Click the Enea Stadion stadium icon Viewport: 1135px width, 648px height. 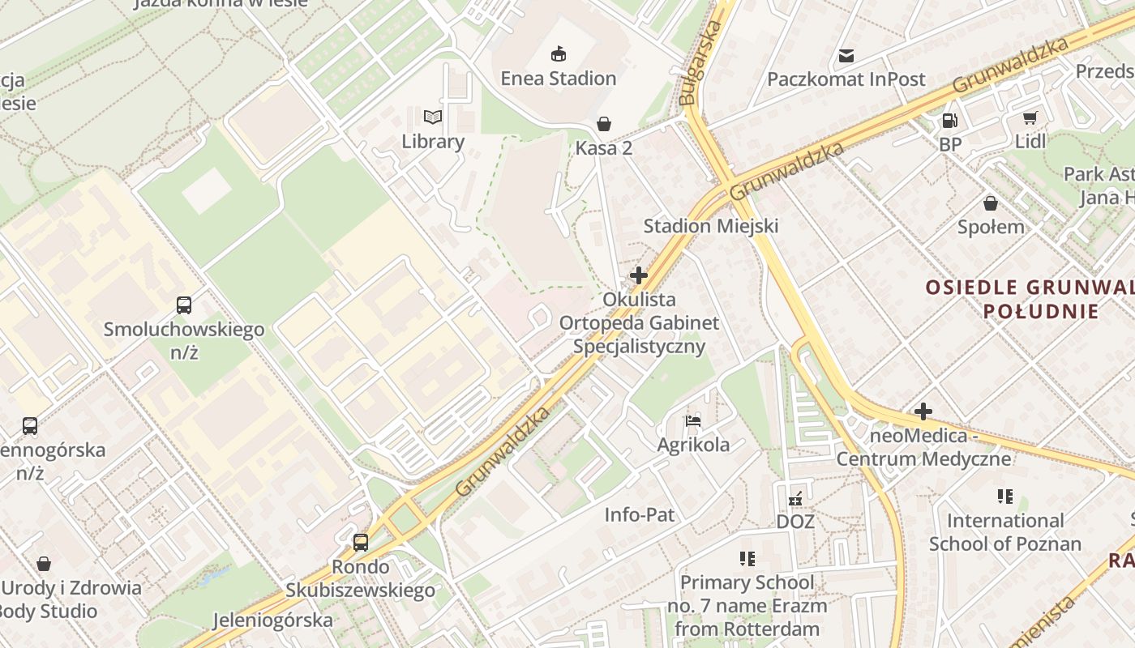(558, 54)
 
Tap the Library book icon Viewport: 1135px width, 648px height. (433, 117)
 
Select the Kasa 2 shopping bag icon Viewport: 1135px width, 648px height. (604, 124)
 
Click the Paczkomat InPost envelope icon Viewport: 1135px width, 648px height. (846, 56)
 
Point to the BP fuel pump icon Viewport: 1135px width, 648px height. (949, 121)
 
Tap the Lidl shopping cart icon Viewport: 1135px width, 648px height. (1030, 118)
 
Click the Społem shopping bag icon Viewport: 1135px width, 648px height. (990, 203)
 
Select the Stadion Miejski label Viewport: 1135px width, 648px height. (710, 226)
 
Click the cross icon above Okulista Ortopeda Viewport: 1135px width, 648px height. (639, 275)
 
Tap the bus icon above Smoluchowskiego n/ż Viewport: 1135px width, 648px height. (184, 305)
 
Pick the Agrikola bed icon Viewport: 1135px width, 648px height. (692, 420)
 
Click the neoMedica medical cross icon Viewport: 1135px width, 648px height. (923, 411)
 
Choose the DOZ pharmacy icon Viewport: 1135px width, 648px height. (795, 497)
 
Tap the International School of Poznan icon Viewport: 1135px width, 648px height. (1005, 496)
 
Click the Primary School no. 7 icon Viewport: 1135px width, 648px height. (747, 558)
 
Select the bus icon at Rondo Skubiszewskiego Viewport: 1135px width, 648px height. (361, 542)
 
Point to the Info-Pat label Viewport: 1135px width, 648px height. (639, 514)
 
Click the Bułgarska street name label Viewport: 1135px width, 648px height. (700, 64)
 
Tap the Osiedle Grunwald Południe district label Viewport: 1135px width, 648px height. (1030, 299)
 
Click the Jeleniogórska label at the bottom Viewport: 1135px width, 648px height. (272, 620)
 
